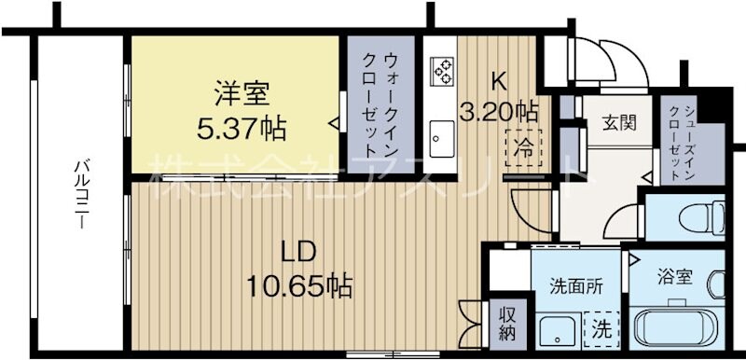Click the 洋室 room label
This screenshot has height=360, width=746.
coord(242,93)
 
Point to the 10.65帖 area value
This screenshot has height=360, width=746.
coord(300,284)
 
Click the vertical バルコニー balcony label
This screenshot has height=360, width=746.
coord(81,196)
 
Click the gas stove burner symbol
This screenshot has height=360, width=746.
coord(442,70)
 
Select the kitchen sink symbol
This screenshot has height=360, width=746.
coord(440,140)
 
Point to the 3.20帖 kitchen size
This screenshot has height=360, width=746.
coord(499,113)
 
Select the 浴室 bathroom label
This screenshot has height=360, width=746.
coord(675,277)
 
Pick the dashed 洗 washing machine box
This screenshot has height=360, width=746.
coord(602,327)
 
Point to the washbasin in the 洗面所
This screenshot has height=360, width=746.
coord(559,329)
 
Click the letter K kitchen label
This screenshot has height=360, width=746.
coord(499,80)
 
